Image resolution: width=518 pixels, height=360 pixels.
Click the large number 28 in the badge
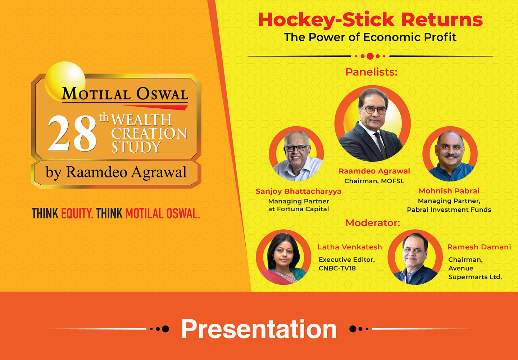click(x=72, y=133)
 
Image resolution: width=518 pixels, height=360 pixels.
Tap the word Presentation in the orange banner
click(x=259, y=329)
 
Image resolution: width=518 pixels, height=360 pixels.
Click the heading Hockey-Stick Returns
click(x=370, y=20)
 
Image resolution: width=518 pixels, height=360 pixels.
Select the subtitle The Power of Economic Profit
click(x=370, y=37)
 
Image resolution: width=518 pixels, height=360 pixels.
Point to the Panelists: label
click(x=371, y=72)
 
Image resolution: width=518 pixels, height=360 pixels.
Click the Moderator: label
click(x=373, y=223)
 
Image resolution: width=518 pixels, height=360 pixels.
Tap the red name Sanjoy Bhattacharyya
click(x=298, y=191)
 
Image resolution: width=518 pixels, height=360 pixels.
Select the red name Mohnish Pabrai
click(x=449, y=191)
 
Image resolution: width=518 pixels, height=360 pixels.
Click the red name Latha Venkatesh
click(x=350, y=247)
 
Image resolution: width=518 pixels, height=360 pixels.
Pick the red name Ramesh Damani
click(x=479, y=247)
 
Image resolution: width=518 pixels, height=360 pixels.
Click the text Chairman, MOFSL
click(x=374, y=181)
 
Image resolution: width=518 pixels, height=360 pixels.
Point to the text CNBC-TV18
click(x=337, y=268)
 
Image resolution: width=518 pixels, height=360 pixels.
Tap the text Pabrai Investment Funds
click(x=449, y=210)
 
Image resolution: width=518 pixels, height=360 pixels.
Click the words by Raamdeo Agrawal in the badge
click(x=116, y=172)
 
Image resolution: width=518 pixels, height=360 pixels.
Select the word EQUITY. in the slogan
click(x=77, y=213)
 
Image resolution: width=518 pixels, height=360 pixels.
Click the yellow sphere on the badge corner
click(x=65, y=81)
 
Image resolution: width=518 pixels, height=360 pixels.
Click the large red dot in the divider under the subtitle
click(x=370, y=56)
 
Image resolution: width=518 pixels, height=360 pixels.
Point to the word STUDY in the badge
click(x=136, y=147)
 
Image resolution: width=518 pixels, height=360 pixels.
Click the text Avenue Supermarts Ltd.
click(x=475, y=273)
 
